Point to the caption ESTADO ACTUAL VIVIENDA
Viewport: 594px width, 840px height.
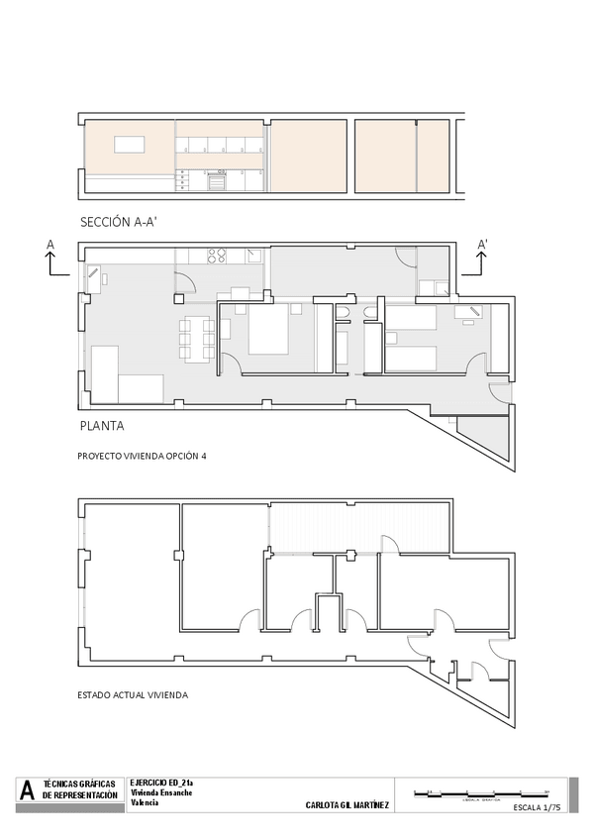pos(132,694)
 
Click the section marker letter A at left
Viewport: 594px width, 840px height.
pos(49,243)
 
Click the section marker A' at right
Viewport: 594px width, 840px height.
pos(483,244)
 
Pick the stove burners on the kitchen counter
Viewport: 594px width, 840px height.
pos(217,256)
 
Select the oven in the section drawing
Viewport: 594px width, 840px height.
pos(216,180)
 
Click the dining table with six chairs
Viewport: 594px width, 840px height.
pos(197,337)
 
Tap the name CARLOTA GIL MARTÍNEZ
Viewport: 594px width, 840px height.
pos(347,806)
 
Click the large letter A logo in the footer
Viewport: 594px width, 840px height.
pos(28,791)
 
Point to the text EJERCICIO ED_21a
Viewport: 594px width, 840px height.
pos(161,783)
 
